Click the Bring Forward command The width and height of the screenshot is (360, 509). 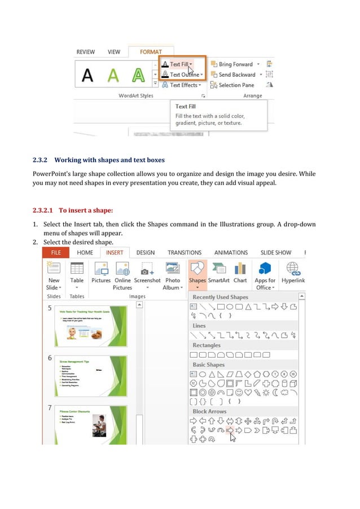point(235,64)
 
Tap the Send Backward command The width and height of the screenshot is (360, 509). point(236,74)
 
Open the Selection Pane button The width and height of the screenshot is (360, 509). point(236,85)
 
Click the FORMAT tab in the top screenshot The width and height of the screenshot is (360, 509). point(151,52)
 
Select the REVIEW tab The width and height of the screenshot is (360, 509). point(86,52)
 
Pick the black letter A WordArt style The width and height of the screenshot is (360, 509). point(87,75)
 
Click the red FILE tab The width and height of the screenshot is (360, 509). point(56,253)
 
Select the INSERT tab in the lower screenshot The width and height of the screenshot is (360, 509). point(115,253)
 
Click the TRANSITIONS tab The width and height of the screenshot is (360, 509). point(185,253)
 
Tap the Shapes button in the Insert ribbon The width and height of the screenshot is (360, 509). point(197,274)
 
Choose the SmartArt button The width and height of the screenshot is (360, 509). point(218,274)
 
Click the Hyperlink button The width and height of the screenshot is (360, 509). point(293,274)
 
